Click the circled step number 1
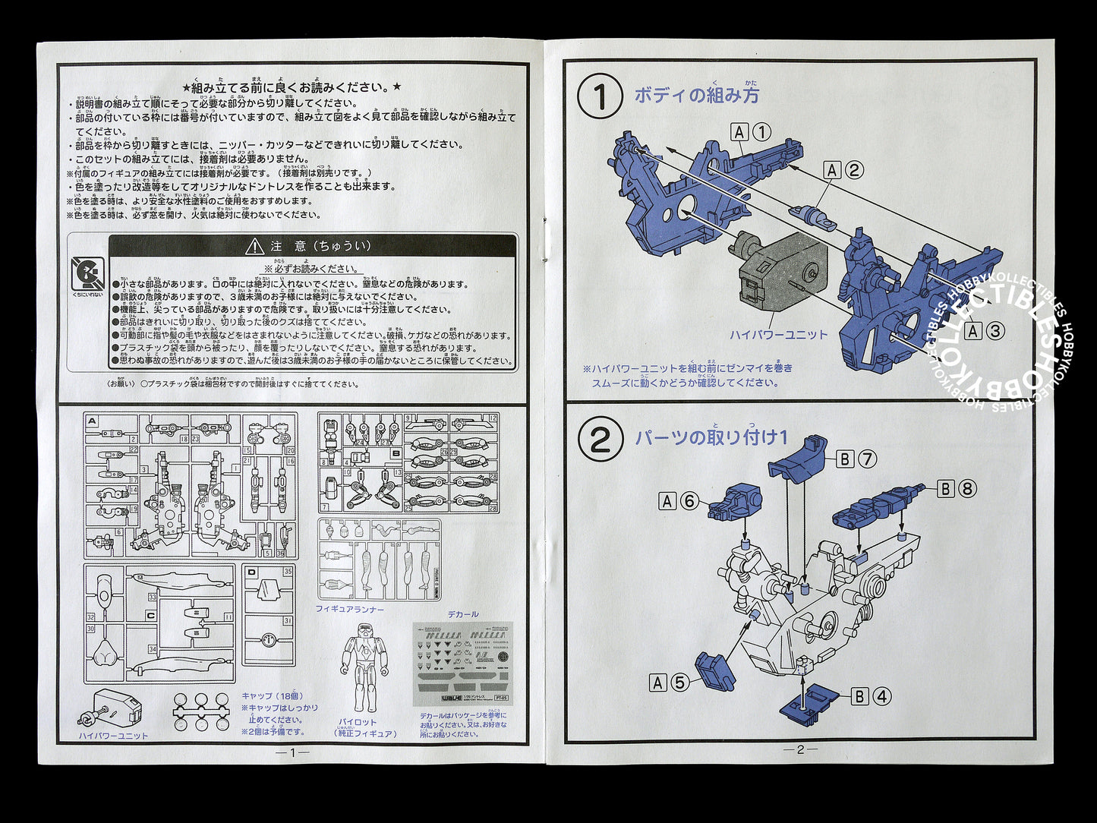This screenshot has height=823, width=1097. click(x=600, y=98)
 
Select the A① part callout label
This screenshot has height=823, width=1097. click(x=752, y=132)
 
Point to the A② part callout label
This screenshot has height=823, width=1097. click(x=843, y=170)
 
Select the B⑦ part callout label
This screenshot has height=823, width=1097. click(x=857, y=459)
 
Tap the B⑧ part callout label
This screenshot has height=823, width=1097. click(x=956, y=489)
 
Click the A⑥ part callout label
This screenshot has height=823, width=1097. click(x=679, y=501)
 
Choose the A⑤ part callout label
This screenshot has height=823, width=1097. click(x=669, y=683)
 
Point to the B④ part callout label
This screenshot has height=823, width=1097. click(x=871, y=696)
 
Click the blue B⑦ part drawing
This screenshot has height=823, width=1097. click(x=802, y=459)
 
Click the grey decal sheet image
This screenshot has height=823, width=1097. click(x=462, y=663)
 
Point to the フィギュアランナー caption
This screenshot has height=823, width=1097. click(x=350, y=610)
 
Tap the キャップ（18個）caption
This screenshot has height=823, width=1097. click(x=272, y=695)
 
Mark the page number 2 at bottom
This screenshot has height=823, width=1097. click(x=800, y=749)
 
